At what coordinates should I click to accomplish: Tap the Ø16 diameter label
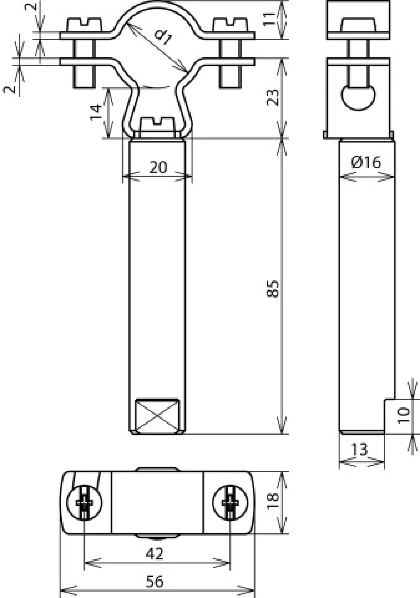[x=366, y=162]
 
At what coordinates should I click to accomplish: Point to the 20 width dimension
[x=158, y=167]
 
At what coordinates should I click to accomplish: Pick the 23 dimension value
[x=272, y=97]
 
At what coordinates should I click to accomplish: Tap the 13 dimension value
[x=360, y=449]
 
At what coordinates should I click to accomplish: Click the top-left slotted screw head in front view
[x=84, y=25]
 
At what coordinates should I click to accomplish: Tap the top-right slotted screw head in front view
[x=230, y=25]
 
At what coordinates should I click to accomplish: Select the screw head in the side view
[x=358, y=25]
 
